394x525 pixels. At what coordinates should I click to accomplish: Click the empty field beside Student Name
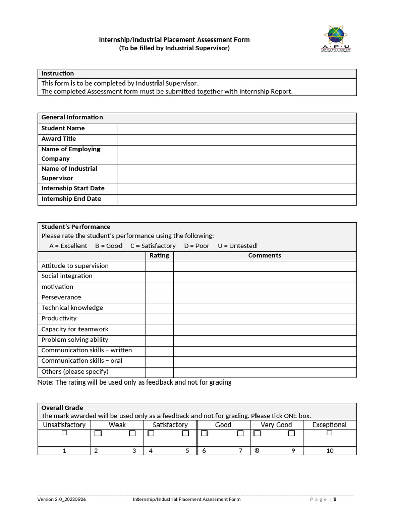237,129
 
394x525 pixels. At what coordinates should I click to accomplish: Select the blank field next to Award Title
237,139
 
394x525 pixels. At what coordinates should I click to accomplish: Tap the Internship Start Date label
73,189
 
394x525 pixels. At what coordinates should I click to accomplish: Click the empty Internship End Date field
237,199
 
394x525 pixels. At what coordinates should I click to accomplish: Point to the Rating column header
159,256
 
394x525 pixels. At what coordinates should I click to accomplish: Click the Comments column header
264,256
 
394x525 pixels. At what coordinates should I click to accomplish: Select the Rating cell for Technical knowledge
160,308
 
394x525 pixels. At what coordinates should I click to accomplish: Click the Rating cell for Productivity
160,319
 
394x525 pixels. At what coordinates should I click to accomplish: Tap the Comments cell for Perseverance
264,298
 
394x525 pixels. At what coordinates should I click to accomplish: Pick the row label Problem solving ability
74,340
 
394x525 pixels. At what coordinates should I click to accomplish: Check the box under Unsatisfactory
64,433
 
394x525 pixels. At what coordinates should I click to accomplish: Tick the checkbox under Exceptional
329,433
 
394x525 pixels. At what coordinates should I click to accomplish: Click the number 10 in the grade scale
330,451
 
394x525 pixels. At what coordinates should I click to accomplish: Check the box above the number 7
240,434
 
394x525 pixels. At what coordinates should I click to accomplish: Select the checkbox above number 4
151,434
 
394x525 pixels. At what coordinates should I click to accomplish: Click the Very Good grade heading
276,425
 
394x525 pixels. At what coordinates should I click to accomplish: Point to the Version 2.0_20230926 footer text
62,499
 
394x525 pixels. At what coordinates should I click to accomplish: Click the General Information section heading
72,118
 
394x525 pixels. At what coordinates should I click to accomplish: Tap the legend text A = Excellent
68,246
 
